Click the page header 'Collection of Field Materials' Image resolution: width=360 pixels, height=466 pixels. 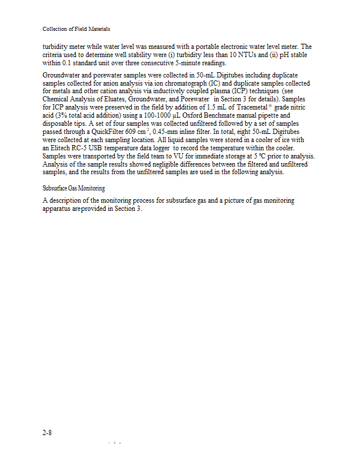76,29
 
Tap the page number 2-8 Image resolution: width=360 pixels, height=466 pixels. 48,433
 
